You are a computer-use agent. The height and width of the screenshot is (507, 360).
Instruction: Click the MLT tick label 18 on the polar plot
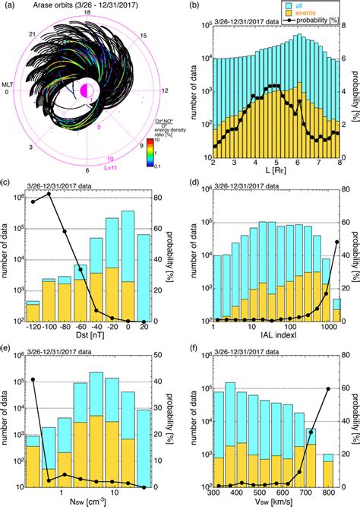click(x=87, y=13)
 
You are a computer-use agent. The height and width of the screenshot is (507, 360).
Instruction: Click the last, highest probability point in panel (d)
click(x=336, y=242)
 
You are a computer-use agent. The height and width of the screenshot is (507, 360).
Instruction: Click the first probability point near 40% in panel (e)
click(x=33, y=379)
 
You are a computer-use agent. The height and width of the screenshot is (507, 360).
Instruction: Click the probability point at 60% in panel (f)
click(x=328, y=388)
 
